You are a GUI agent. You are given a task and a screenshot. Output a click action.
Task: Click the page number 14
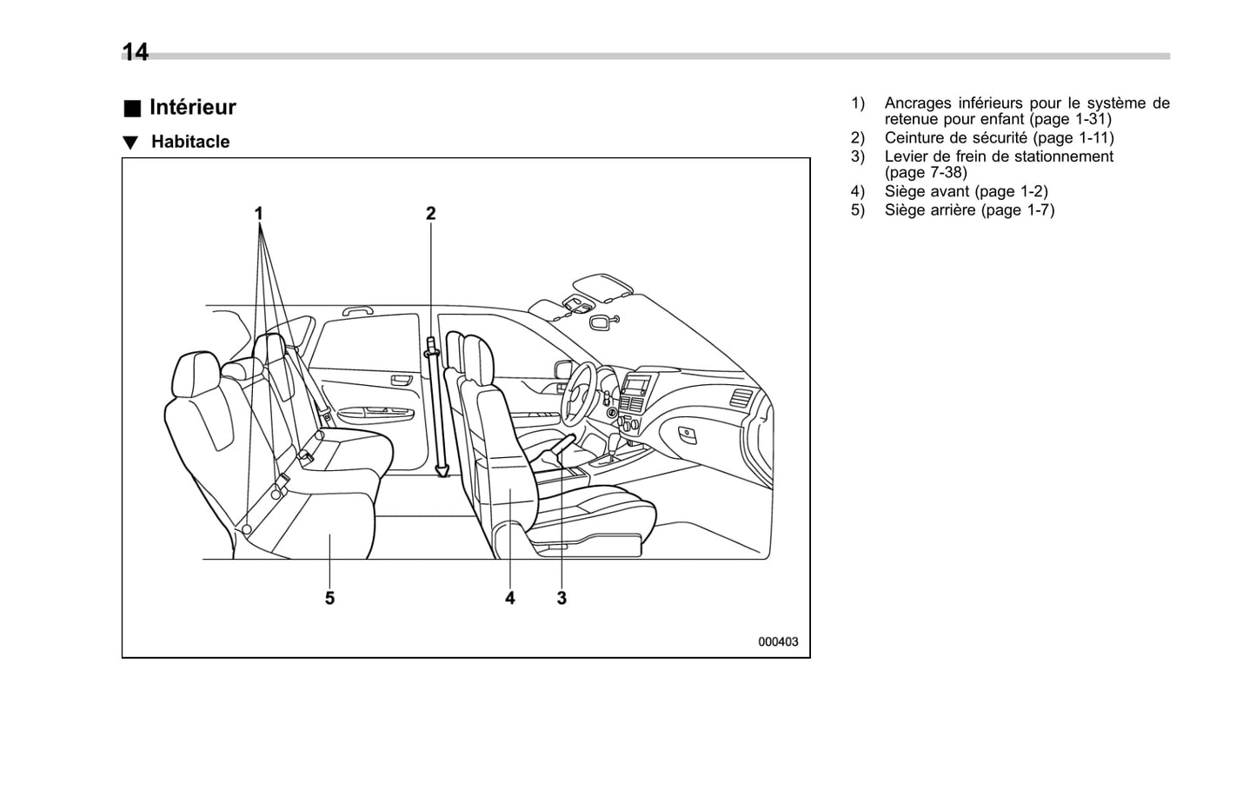click(x=135, y=52)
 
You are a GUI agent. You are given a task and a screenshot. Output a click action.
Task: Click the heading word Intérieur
click(x=192, y=107)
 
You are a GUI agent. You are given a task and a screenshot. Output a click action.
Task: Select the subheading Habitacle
click(x=189, y=142)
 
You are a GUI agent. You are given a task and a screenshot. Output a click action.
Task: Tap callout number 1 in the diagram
click(x=258, y=213)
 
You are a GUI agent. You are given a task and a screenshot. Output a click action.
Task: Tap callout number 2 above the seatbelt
click(x=430, y=213)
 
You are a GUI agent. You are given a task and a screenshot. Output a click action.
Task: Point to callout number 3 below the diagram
click(x=562, y=598)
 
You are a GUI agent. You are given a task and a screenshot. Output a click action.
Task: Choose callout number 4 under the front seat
click(x=510, y=598)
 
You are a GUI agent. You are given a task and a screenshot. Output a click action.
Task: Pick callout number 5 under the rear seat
click(x=329, y=598)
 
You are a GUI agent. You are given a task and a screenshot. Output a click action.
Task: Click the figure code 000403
click(x=778, y=642)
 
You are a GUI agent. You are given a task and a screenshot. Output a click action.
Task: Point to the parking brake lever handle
click(x=561, y=444)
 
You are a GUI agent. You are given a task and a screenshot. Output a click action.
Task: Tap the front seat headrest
click(x=477, y=356)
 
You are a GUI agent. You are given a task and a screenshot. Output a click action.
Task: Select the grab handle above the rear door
click(x=357, y=309)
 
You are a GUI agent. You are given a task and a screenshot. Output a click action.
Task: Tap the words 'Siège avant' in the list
click(x=927, y=191)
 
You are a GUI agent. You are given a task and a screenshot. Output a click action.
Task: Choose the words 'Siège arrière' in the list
click(x=930, y=209)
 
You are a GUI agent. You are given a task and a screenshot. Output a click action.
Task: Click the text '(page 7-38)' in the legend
click(x=926, y=172)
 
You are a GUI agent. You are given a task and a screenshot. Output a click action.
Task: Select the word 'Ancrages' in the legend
click(x=918, y=103)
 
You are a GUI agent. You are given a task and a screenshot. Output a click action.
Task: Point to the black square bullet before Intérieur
click(x=131, y=109)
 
